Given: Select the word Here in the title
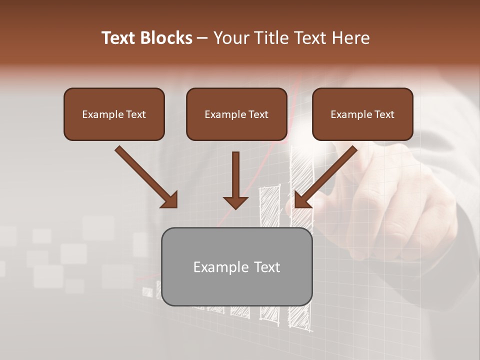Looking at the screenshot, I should pyautogui.click(x=350, y=38).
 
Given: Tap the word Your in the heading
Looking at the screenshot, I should pyautogui.click(x=229, y=38).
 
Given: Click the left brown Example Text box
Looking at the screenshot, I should pyautogui.click(x=114, y=114).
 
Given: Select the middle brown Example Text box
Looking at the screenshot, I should pyautogui.click(x=236, y=114).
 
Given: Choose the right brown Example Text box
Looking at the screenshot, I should pyautogui.click(x=362, y=114).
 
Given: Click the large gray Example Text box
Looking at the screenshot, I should pyautogui.click(x=236, y=266).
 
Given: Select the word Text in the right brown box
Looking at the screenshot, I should pyautogui.click(x=384, y=114).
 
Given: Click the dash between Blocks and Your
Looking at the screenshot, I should pyautogui.click(x=202, y=38).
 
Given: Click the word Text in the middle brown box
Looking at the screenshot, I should pyautogui.click(x=258, y=114).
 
